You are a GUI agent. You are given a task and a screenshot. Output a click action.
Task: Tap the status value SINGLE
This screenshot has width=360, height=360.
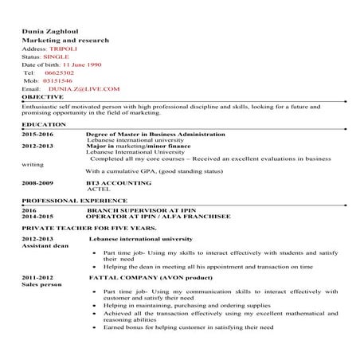[x=57, y=57]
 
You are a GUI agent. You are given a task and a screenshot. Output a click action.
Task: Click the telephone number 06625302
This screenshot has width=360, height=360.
[x=60, y=72]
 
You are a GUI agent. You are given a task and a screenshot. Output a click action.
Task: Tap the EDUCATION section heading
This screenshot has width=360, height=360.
[x=44, y=125]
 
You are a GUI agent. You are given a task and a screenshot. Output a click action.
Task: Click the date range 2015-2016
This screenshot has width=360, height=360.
[x=37, y=135]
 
